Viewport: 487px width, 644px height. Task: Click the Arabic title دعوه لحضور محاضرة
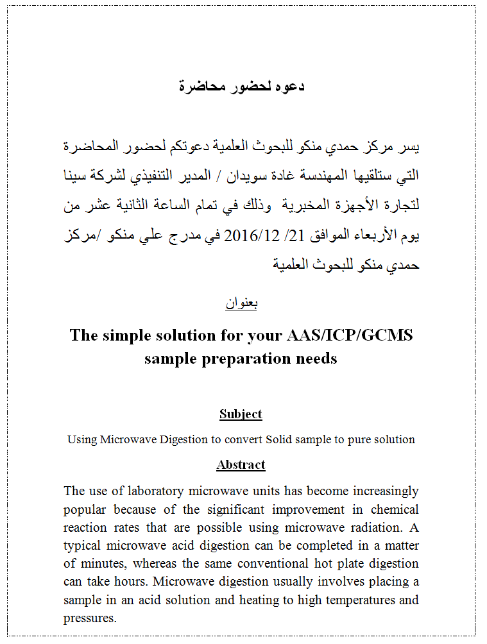pyautogui.click(x=241, y=86)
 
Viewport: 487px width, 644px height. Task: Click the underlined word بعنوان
pyautogui.click(x=241, y=303)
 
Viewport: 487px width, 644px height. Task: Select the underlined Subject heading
pyautogui.click(x=241, y=414)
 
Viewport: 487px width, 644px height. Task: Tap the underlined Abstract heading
pyautogui.click(x=241, y=464)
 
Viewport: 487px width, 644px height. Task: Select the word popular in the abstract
pyautogui.click(x=85, y=510)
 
